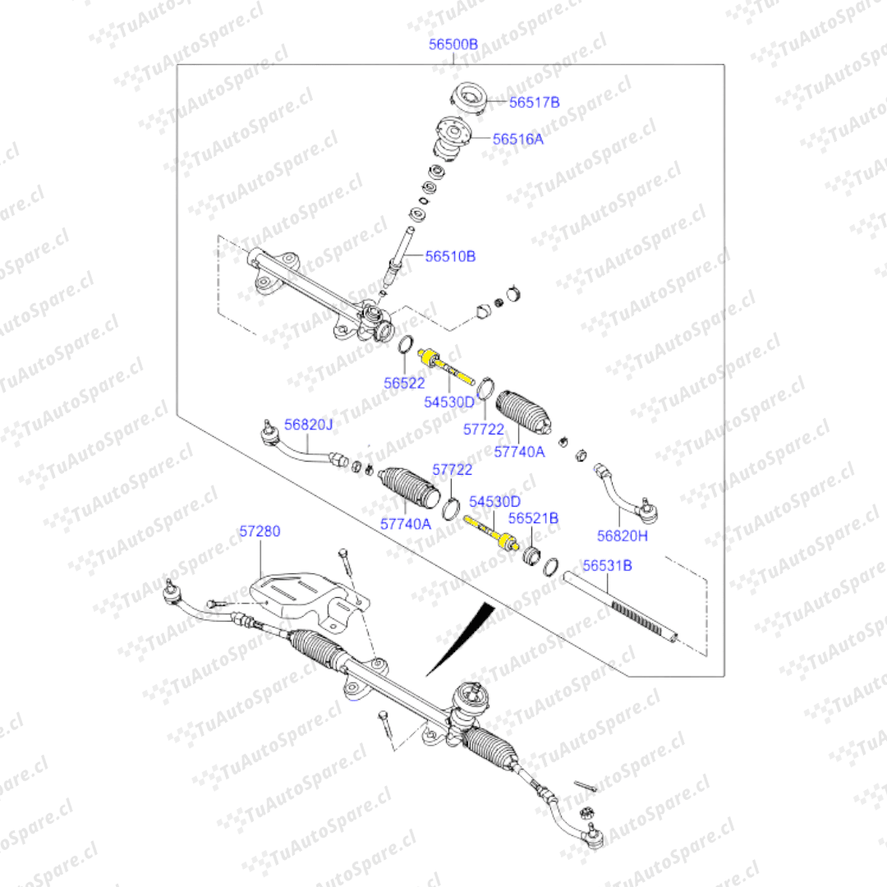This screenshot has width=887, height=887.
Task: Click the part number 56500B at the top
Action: coord(453,44)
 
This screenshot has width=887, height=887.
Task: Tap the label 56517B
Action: coord(534,103)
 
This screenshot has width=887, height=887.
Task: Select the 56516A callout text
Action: coord(518,140)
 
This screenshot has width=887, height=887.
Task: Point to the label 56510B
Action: coord(450,256)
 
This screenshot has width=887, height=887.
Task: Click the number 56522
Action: coord(404,383)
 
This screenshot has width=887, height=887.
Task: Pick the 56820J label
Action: coord(309,425)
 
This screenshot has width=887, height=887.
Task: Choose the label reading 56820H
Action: coord(622,536)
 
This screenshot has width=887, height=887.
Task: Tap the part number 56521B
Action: coord(533,518)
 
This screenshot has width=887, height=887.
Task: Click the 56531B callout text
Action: coord(607,566)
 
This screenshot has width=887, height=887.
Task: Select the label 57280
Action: coord(260,531)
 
